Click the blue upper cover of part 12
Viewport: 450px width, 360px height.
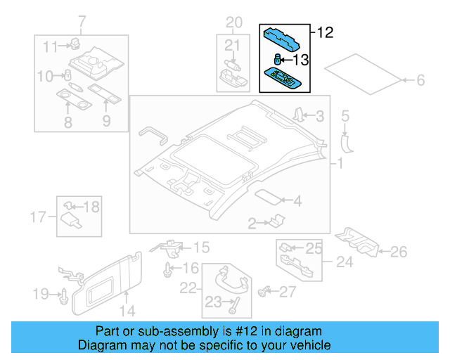pyautogui.click(x=285, y=36)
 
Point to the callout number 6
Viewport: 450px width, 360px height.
pyautogui.click(x=420, y=81)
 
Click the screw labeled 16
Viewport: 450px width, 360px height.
pyautogui.click(x=168, y=269)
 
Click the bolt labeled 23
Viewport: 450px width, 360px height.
pyautogui.click(x=234, y=304)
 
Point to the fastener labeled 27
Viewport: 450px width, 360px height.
pyautogui.click(x=266, y=290)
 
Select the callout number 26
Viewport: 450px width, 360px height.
pyautogui.click(x=398, y=251)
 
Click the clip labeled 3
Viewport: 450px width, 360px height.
pyautogui.click(x=298, y=115)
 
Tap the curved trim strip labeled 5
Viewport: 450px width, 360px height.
pyautogui.click(x=346, y=141)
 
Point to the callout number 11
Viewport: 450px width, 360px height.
pyautogui.click(x=49, y=47)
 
